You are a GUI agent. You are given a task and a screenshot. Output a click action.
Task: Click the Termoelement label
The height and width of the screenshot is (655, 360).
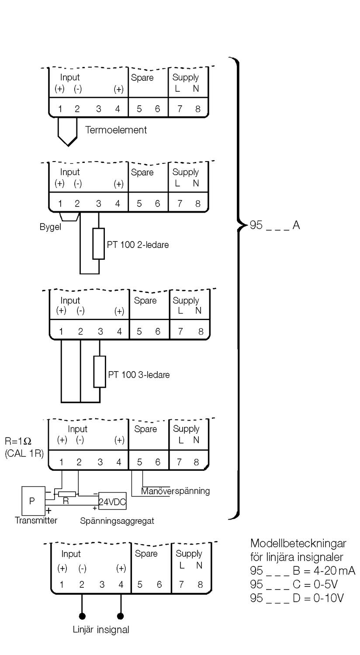pyautogui.click(x=116, y=130)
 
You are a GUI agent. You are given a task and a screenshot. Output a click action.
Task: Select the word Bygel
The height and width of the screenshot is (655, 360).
pyautogui.click(x=48, y=228)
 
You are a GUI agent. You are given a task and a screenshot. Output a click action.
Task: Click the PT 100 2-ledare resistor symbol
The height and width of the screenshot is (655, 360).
pyautogui.click(x=99, y=243)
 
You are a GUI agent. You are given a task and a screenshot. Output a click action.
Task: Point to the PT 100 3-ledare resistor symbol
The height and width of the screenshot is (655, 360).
pyautogui.click(x=100, y=372)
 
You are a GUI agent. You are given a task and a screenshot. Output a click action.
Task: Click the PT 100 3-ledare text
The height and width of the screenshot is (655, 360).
pyautogui.click(x=139, y=375)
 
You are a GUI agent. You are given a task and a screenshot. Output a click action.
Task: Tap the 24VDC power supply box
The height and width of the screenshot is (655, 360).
pyautogui.click(x=112, y=502)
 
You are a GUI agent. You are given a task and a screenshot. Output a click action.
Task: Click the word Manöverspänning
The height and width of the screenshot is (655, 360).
pyautogui.click(x=175, y=491)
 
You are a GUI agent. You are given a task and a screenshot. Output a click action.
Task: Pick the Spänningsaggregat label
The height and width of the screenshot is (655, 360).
pyautogui.click(x=117, y=521)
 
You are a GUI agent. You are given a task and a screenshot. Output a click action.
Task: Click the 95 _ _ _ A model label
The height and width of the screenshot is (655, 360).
pyautogui.click(x=274, y=226)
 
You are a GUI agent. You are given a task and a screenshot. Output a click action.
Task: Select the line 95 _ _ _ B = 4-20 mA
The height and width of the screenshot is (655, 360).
pyautogui.click(x=302, y=571)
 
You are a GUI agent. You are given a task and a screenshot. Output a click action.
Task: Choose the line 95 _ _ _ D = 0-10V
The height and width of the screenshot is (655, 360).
pyautogui.click(x=297, y=598)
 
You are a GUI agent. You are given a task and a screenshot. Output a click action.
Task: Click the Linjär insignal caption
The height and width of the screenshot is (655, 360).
pyautogui.click(x=101, y=630)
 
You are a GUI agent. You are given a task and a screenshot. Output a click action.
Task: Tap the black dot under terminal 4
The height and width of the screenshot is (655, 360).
pyautogui.click(x=121, y=616)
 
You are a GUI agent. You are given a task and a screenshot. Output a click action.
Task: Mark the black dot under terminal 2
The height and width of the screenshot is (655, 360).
pyautogui.click(x=82, y=616)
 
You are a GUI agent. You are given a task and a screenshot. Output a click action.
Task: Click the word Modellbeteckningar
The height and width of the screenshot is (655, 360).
pyautogui.click(x=298, y=544)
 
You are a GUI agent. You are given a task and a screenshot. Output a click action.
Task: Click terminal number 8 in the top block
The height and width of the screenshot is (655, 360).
pyautogui.click(x=198, y=109)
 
